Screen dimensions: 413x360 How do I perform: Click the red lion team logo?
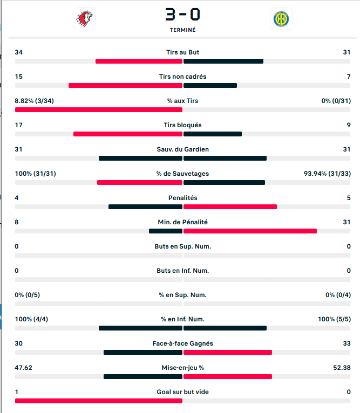click(84, 19)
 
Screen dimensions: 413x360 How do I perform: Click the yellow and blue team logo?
click(281, 19)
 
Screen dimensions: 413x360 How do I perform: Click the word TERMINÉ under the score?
click(183, 30)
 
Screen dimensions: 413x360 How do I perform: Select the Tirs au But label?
click(182, 52)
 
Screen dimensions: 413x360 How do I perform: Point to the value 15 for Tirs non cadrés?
click(19, 77)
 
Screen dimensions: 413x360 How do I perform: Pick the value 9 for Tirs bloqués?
click(348, 125)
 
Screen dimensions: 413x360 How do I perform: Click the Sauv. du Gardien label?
click(182, 149)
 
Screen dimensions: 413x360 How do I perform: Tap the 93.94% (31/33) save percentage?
click(327, 174)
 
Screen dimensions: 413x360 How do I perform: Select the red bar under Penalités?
click(230, 206)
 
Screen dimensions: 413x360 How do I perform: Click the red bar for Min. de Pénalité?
click(250, 231)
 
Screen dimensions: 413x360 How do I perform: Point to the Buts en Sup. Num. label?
click(182, 246)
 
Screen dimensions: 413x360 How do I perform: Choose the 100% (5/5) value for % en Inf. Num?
click(334, 319)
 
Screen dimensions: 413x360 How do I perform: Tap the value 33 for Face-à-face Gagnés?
click(347, 343)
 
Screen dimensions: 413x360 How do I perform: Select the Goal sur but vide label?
click(182, 392)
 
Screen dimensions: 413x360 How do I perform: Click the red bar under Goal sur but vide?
click(99, 401)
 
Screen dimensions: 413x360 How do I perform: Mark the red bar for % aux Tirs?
click(99, 109)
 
